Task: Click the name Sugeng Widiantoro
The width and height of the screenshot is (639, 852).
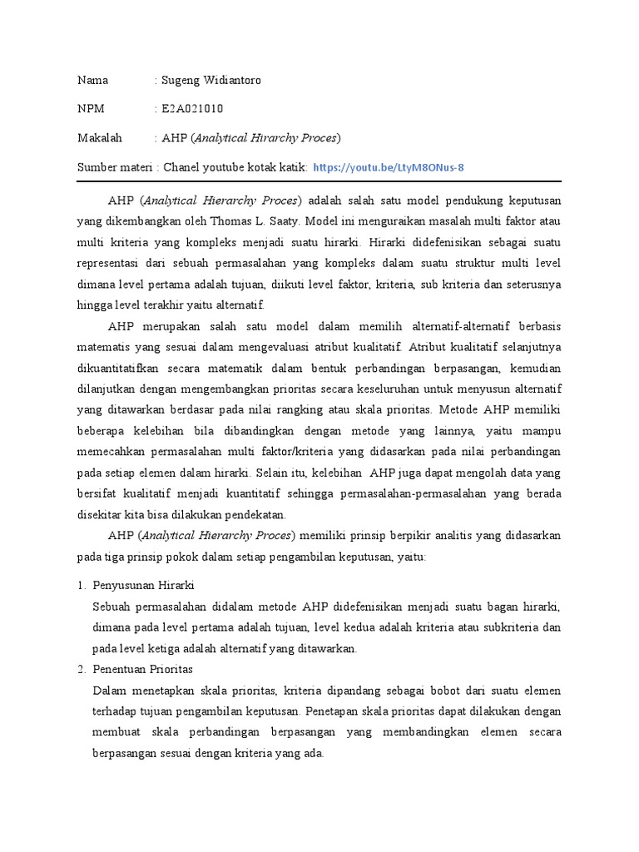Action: [x=212, y=81]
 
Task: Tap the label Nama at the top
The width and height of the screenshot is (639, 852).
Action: [x=92, y=81]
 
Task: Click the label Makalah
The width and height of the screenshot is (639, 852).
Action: [x=100, y=137]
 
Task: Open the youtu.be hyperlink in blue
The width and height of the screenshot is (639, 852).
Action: [x=389, y=167]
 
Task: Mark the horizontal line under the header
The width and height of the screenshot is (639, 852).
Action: [x=319, y=181]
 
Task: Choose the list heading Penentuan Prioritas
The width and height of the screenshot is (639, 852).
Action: [x=143, y=669]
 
